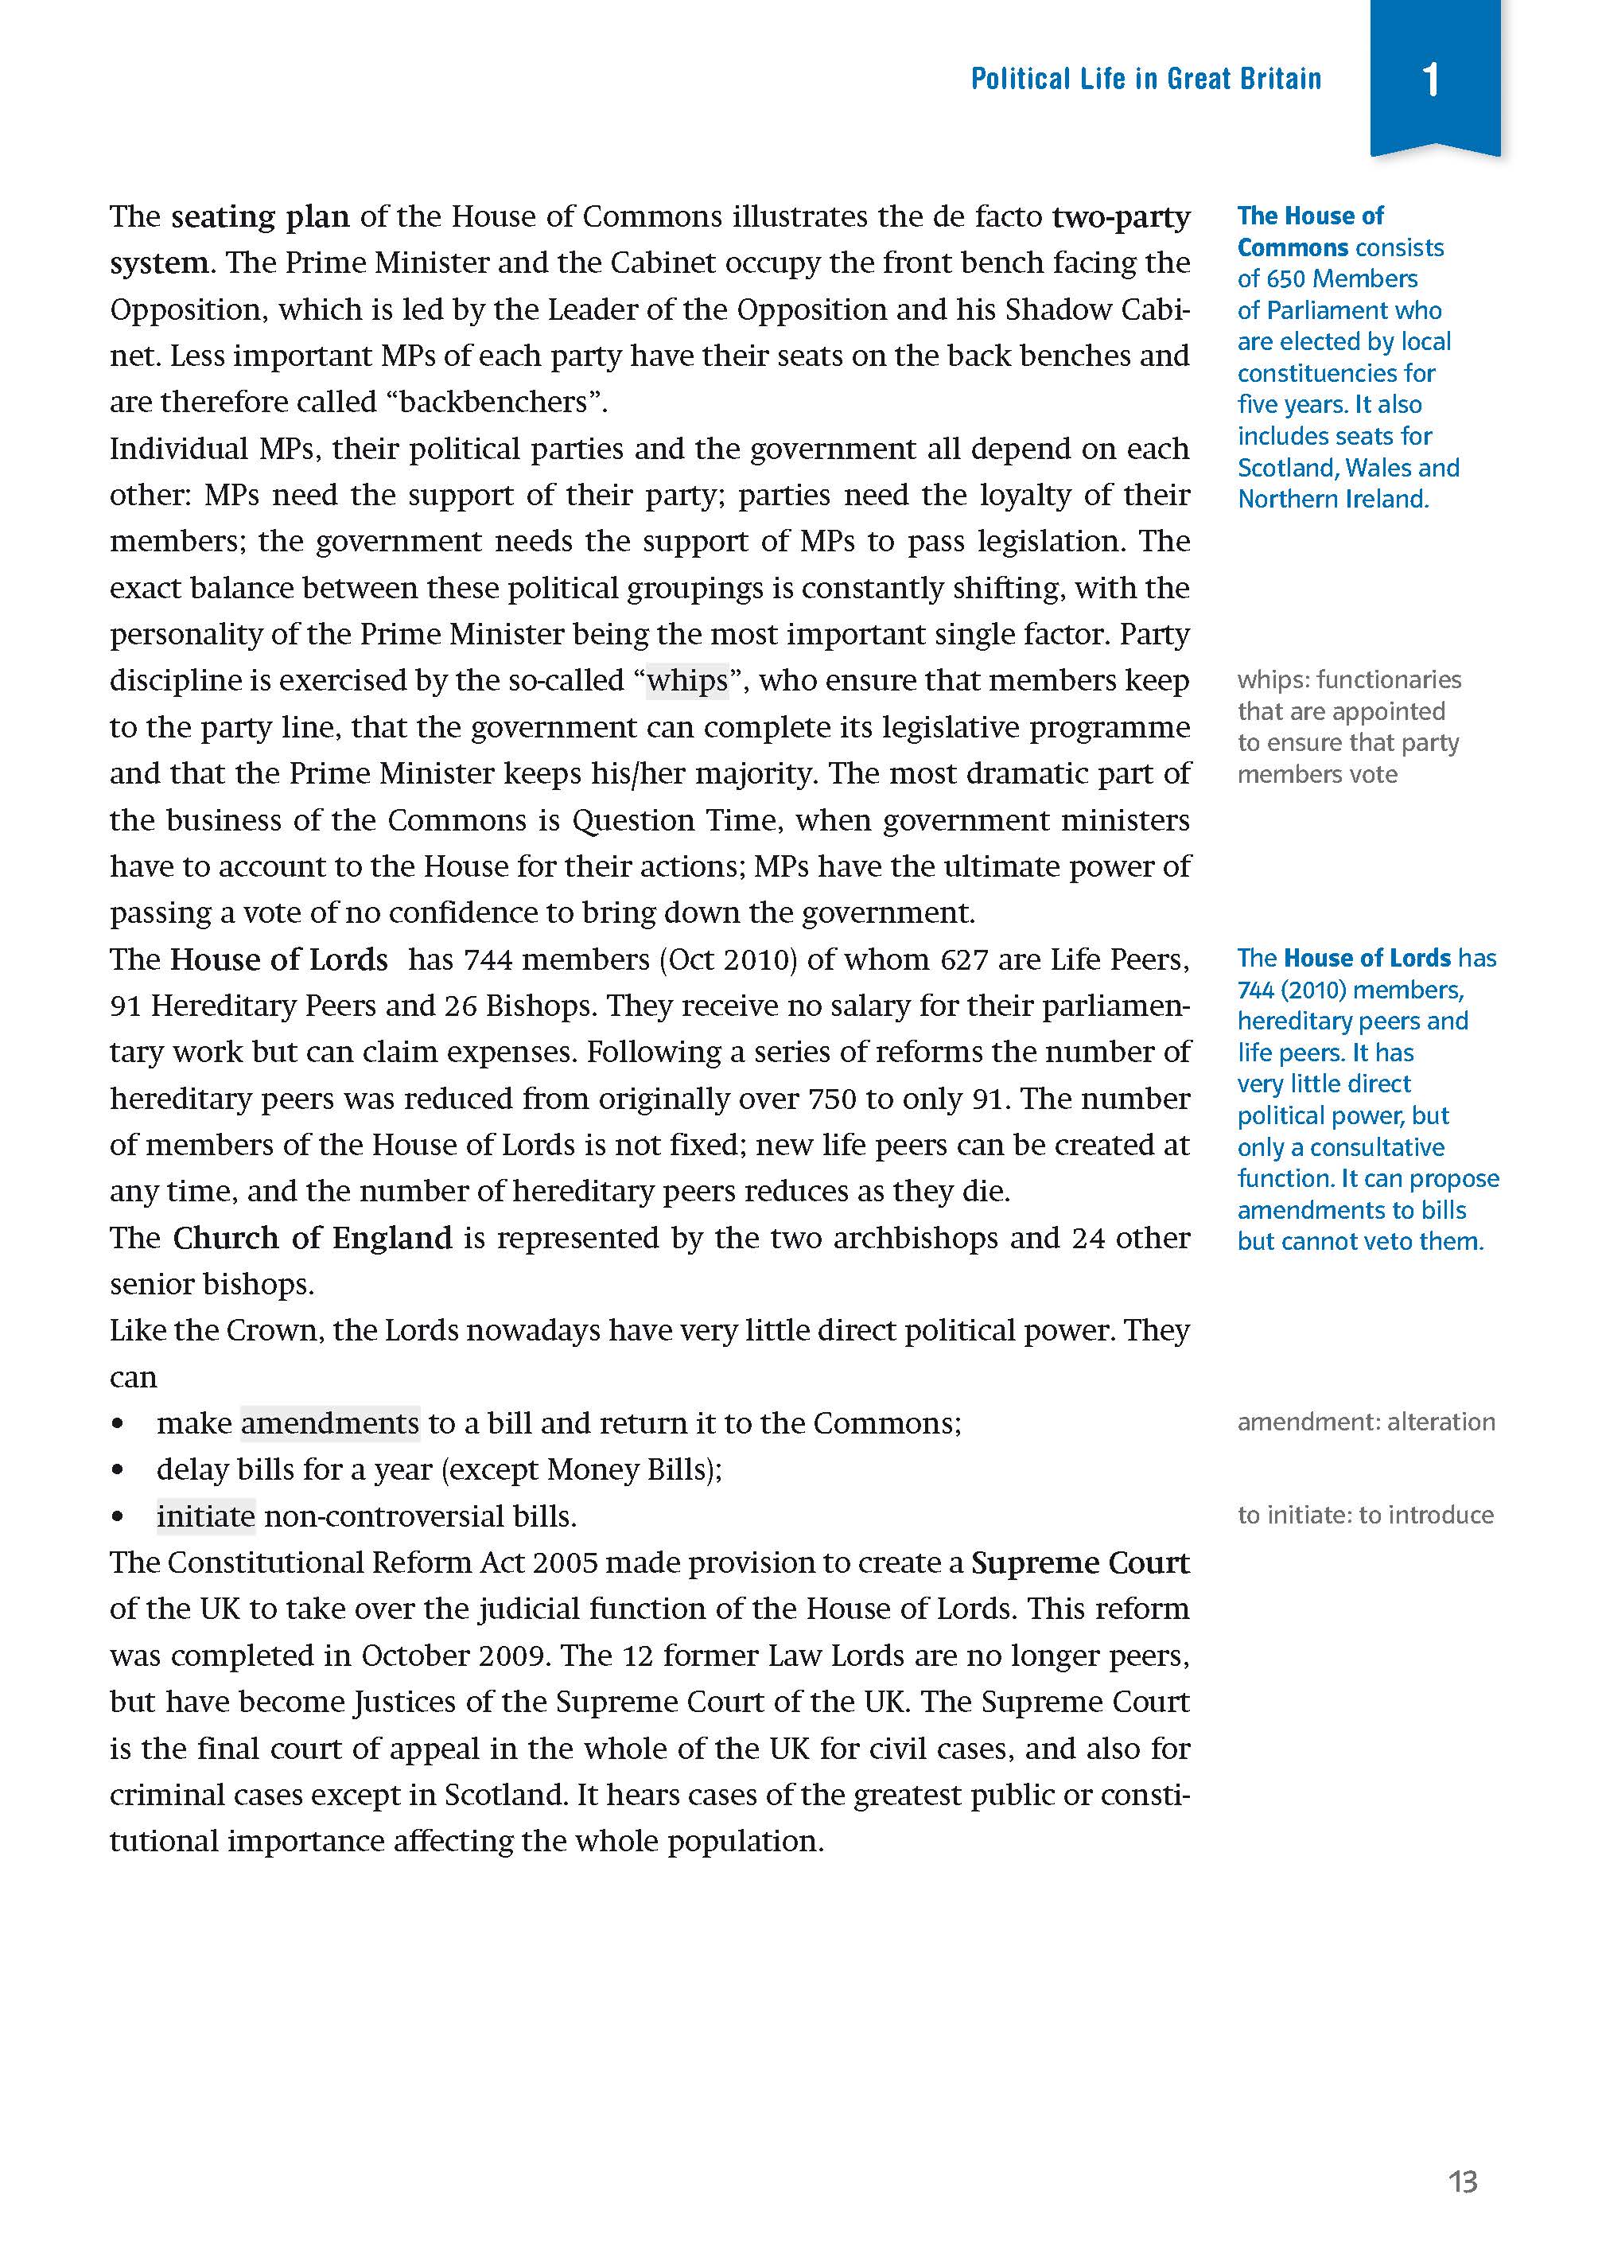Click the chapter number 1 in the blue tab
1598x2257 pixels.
(1432, 79)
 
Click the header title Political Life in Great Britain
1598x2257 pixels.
(1145, 79)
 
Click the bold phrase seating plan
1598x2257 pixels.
(260, 216)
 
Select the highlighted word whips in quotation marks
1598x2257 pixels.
(686, 681)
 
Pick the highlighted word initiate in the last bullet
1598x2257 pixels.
(206, 1516)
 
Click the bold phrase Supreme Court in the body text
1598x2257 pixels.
(1079, 1562)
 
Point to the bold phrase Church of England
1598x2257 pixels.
(312, 1238)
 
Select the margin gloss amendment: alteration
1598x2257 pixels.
(1365, 1422)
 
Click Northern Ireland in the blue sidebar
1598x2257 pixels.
(1332, 499)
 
